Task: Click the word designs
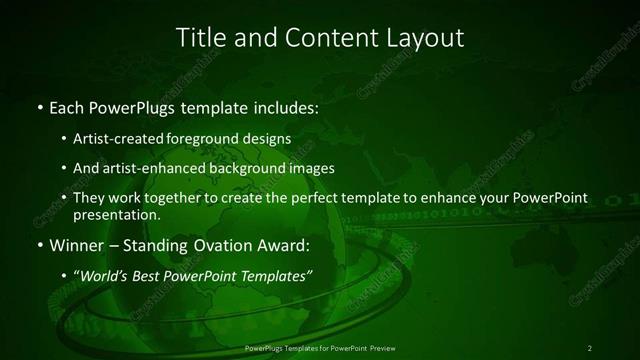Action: tap(271, 138)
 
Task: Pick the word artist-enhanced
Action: tap(148, 168)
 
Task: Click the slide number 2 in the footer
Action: tap(590, 347)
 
